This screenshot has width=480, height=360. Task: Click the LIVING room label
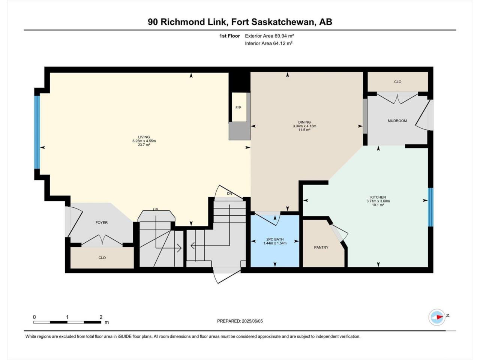pos(144,137)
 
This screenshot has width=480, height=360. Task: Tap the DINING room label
pos(304,122)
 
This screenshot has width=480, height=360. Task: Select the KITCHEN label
pos(378,197)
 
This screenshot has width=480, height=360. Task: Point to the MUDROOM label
pos(397,121)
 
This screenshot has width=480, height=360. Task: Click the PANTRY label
pos(321,247)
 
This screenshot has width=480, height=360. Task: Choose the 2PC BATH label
pos(275,239)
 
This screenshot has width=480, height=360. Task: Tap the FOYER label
pos(102,222)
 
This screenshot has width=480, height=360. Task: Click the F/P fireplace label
pos(238,108)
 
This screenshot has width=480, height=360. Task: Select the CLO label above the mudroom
pos(398,82)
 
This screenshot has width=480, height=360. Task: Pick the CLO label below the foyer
pos(102,258)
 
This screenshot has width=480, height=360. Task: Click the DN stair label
pos(229,193)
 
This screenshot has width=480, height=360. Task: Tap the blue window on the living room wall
pos(37,132)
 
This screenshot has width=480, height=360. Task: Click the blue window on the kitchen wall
pos(430,207)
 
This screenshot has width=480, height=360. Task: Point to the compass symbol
pos(437,317)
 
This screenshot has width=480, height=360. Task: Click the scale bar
pos(67,322)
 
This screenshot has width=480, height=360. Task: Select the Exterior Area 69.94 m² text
pos(269,36)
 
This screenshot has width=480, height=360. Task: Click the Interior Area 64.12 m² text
pos(269,43)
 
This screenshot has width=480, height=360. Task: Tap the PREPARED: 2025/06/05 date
pos(240,321)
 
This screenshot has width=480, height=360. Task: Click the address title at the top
pos(240,22)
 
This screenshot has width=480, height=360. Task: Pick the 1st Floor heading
pos(229,36)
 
